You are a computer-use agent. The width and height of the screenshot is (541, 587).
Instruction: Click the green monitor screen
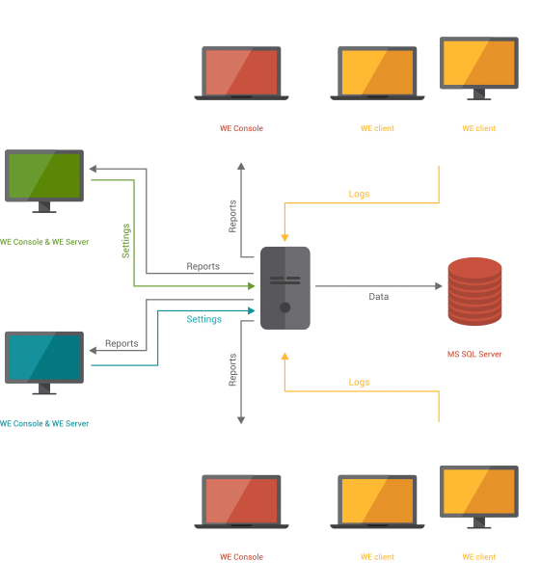pyautogui.click(x=44, y=175)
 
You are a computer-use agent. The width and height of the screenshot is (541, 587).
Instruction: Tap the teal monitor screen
pyautogui.click(x=44, y=358)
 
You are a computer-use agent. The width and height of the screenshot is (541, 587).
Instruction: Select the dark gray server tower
pyautogui.click(x=285, y=288)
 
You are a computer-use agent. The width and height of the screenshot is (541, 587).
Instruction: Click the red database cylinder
pyautogui.click(x=474, y=291)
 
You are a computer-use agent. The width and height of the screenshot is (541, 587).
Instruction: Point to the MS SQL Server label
pyautogui.click(x=474, y=354)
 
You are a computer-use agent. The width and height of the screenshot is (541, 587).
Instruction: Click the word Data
pyautogui.click(x=379, y=297)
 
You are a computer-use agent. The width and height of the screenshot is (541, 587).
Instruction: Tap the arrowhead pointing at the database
pyautogui.click(x=439, y=286)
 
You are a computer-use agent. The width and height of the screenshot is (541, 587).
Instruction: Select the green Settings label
pyautogui.click(x=125, y=241)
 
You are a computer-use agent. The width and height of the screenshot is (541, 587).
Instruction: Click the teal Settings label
pyautogui.click(x=204, y=319)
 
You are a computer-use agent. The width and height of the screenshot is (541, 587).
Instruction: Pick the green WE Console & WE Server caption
pyautogui.click(x=44, y=242)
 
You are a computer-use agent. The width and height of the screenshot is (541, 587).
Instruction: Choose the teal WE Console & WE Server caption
pyautogui.click(x=44, y=423)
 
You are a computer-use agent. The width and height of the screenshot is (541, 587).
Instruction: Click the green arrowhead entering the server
pyautogui.click(x=252, y=286)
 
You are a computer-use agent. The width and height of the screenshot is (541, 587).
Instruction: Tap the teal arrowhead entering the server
pyautogui.click(x=252, y=310)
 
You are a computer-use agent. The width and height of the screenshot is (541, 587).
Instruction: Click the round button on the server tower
pyautogui.click(x=285, y=307)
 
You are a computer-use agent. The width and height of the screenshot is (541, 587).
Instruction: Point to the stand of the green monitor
pyautogui.click(x=44, y=207)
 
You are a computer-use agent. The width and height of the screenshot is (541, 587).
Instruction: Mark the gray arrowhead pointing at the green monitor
pyautogui.click(x=93, y=169)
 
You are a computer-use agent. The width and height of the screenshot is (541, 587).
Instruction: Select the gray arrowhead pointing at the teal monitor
pyautogui.click(x=93, y=351)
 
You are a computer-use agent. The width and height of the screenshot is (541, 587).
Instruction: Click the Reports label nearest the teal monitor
pyautogui.click(x=122, y=343)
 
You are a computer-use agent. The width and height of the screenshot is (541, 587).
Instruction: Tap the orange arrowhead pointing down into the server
pyautogui.click(x=284, y=238)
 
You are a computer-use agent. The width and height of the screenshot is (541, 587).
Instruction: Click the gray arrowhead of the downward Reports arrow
pyautogui.click(x=241, y=420)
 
